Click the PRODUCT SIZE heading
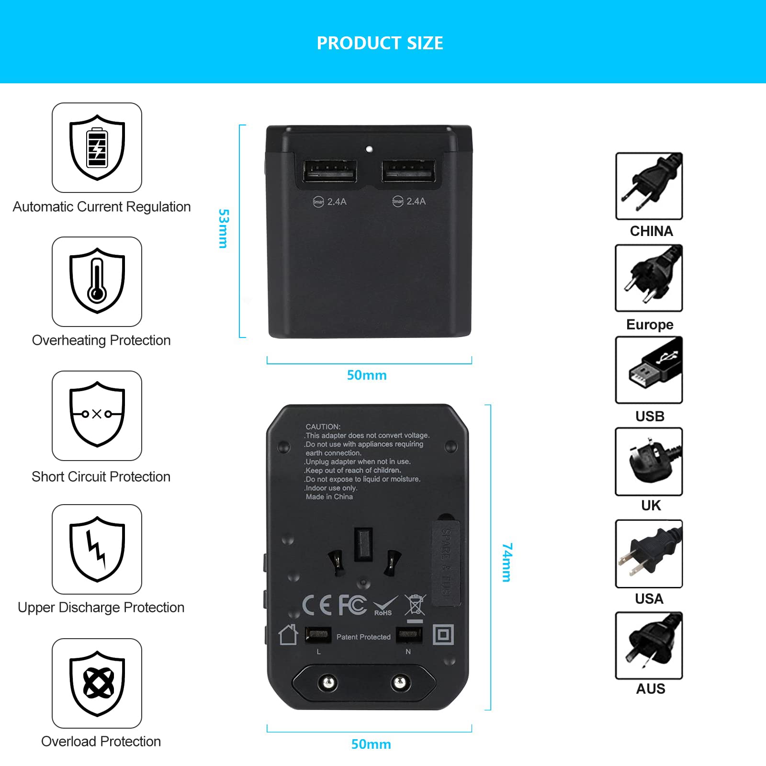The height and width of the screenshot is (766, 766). coord(380,43)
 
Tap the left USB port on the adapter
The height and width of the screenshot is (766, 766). coord(330,171)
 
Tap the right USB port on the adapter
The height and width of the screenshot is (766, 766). coord(408,171)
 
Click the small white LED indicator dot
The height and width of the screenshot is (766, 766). coord(369,149)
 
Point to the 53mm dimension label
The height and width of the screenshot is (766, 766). coord(223,228)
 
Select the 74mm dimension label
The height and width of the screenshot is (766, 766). coord(507,562)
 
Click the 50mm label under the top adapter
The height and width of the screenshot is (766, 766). coord(367,375)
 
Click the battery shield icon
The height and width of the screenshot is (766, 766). coord(97,147)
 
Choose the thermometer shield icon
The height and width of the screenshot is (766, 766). coord(97,281)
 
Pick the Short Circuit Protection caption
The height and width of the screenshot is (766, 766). coord(101,477)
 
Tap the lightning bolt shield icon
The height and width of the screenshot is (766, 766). coord(97,549)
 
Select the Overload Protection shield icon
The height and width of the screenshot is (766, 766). coord(97,683)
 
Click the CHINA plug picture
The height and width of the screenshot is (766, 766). coord(649,186)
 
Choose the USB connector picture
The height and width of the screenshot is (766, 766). coord(649,370)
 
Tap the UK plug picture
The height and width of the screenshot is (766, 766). coord(649,462)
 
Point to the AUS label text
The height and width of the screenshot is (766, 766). coord(651,689)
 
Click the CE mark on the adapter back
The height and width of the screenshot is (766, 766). coord(317,606)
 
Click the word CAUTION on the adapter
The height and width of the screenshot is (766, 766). coord(323,427)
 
